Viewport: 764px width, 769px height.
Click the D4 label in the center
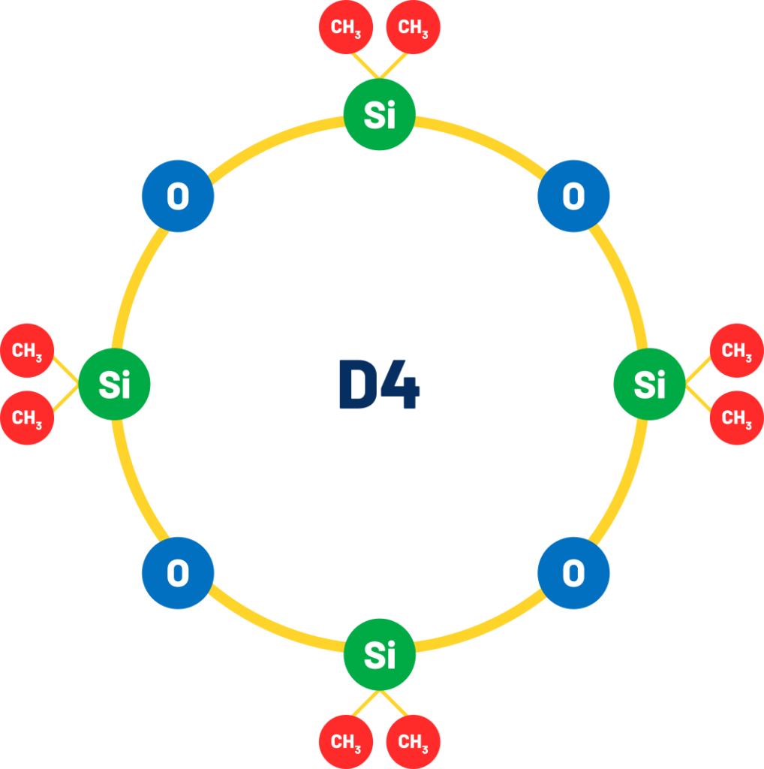[x=379, y=384]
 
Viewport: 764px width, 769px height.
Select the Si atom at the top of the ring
[x=379, y=114]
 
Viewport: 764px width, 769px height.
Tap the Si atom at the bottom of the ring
[x=379, y=655]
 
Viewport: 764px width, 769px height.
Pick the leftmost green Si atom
[x=114, y=384]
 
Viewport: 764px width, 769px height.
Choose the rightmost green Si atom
[x=649, y=384]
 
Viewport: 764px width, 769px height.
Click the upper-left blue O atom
[x=178, y=196]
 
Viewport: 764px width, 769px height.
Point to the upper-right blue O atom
[x=573, y=196]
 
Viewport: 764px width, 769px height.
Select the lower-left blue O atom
[x=178, y=573]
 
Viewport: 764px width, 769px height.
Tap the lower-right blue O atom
[x=573, y=573]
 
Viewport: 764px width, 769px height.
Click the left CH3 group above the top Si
[x=346, y=27]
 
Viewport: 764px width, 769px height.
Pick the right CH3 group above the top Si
[x=413, y=27]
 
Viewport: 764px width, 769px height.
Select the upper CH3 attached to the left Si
[x=27, y=350]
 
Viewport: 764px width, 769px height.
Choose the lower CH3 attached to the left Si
[x=27, y=418]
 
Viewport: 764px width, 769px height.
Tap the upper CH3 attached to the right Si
[x=736, y=350]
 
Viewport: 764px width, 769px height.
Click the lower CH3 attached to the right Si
[x=736, y=418]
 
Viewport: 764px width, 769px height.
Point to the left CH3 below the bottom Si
[x=346, y=741]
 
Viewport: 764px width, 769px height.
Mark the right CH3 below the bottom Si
[x=413, y=741]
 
